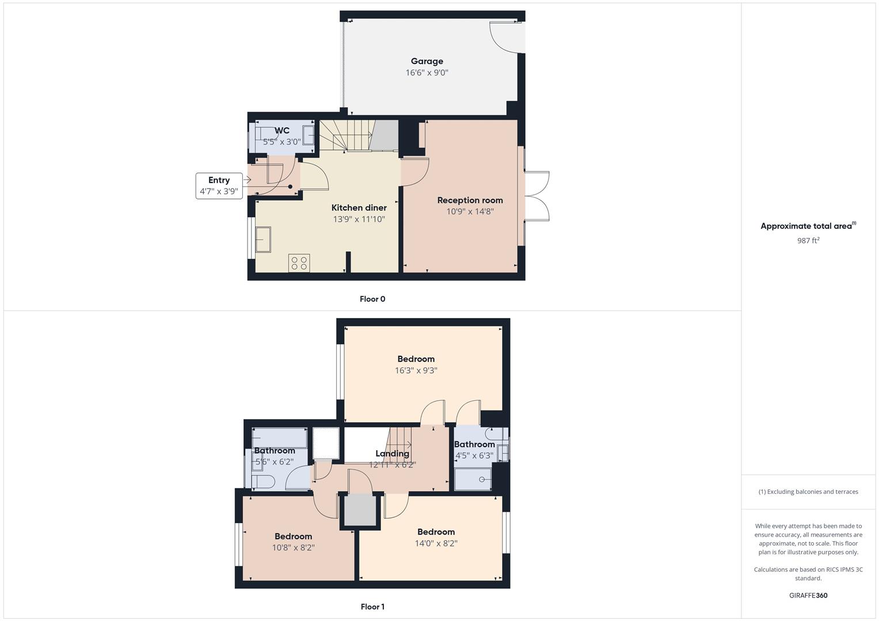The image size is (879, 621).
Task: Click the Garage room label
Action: coord(427,61)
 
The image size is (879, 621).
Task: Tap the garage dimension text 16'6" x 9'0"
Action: coord(427,72)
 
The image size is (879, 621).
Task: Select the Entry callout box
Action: coord(219,185)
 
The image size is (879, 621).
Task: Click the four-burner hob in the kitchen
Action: coord(299,263)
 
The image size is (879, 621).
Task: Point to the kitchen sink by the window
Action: coord(263,239)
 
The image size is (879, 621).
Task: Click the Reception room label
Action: coord(470,200)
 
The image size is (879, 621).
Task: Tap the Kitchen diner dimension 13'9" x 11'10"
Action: coord(359,219)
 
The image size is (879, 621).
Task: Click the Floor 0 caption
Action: coord(372,299)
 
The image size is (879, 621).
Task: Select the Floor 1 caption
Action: coord(372,607)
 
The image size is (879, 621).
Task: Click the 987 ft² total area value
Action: coord(808,240)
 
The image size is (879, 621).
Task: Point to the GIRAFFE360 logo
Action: coord(808,595)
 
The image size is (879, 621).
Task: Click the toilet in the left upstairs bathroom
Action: coord(262,482)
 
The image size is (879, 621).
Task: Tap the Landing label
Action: coord(392,454)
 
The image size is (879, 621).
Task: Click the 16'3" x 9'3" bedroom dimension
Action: coord(416,370)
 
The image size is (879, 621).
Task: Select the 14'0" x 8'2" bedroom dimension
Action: coord(436,543)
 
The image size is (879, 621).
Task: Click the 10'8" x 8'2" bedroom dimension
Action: coord(293,547)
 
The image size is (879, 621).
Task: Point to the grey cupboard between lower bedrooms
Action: coord(360,509)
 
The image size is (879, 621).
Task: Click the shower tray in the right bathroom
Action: coord(473,479)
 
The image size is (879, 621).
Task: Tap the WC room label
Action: coord(282,131)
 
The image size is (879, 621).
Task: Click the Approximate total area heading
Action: coord(806,226)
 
